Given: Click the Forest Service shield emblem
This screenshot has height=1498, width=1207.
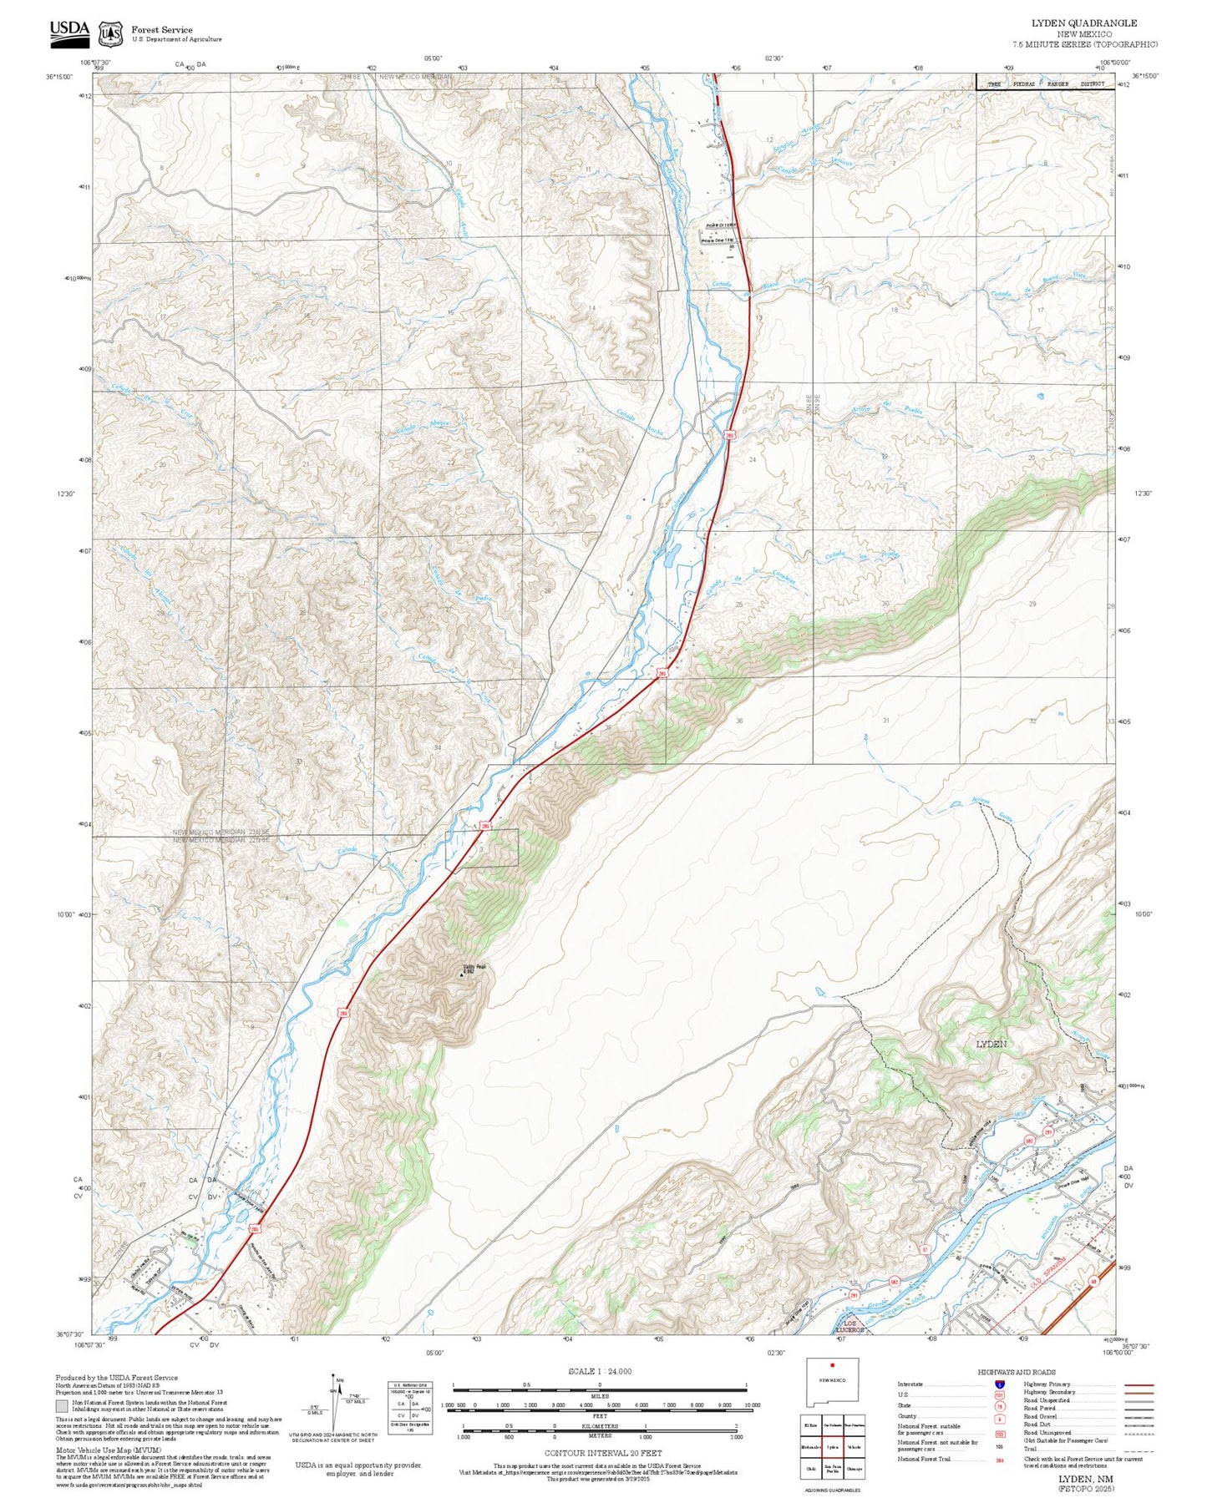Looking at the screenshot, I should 110,33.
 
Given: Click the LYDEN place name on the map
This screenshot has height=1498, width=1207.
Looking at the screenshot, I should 991,1045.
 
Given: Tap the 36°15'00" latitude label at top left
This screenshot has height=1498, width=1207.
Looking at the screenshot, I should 58,77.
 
